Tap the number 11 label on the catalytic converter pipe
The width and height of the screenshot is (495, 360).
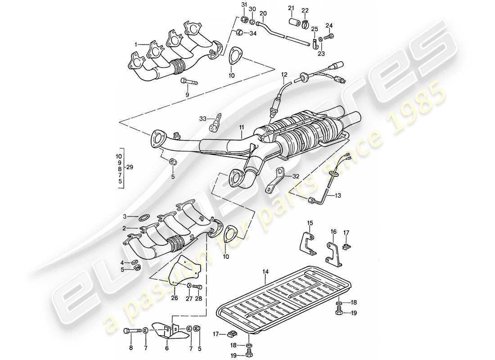click(x=241, y=128)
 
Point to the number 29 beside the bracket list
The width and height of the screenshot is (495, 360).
click(x=130, y=166)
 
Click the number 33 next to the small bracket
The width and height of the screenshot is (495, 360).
click(x=202, y=119)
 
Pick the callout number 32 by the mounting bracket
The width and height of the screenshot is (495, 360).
click(x=295, y=176)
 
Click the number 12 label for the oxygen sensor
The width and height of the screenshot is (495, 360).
click(x=284, y=74)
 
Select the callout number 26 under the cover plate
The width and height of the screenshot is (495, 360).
click(x=175, y=297)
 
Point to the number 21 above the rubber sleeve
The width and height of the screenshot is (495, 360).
click(x=291, y=9)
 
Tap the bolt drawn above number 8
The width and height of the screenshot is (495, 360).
click(x=130, y=331)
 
